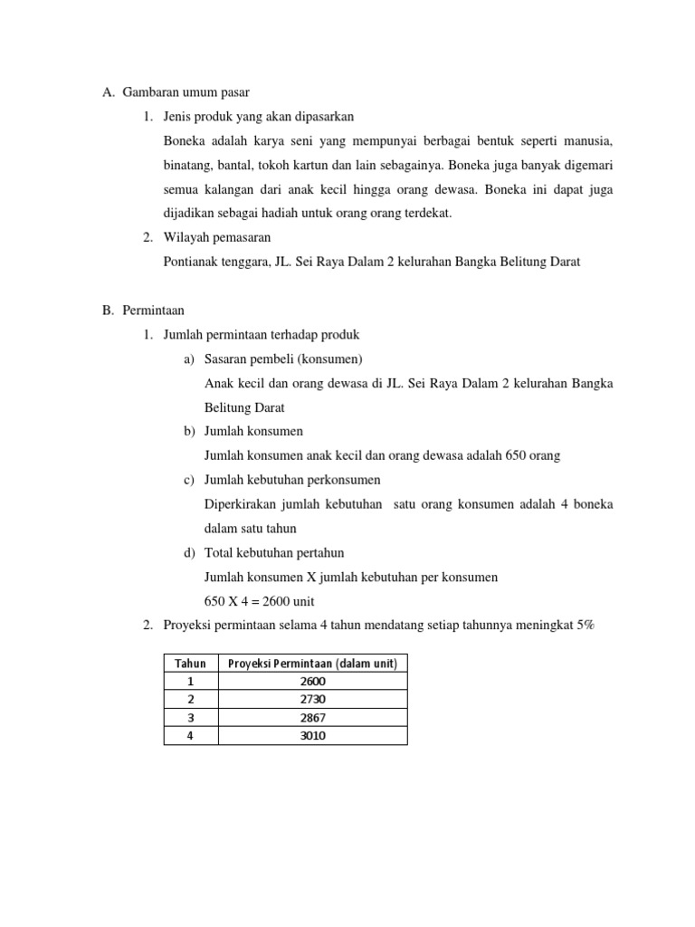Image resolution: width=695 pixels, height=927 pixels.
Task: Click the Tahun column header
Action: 191,664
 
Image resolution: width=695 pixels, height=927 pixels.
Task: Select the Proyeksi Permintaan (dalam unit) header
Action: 312,664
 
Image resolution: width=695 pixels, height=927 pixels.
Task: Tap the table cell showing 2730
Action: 312,700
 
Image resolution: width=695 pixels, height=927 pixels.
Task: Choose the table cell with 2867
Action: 312,718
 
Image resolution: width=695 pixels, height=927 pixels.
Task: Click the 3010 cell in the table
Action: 312,736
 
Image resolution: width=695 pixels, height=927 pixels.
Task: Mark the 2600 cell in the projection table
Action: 312,682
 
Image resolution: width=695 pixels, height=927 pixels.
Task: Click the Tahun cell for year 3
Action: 191,718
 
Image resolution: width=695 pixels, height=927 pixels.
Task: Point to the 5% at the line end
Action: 586,626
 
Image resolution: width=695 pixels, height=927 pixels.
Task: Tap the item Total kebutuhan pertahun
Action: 274,553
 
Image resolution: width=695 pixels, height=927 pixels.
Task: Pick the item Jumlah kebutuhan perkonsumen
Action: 292,480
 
